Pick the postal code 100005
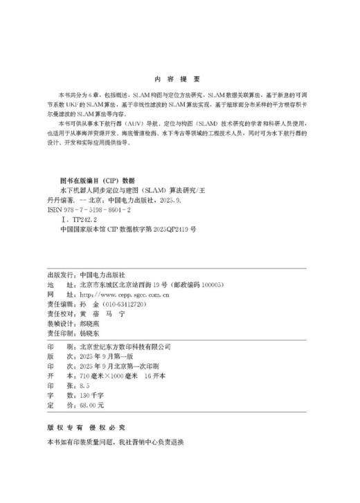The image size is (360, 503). tap(206, 284)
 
